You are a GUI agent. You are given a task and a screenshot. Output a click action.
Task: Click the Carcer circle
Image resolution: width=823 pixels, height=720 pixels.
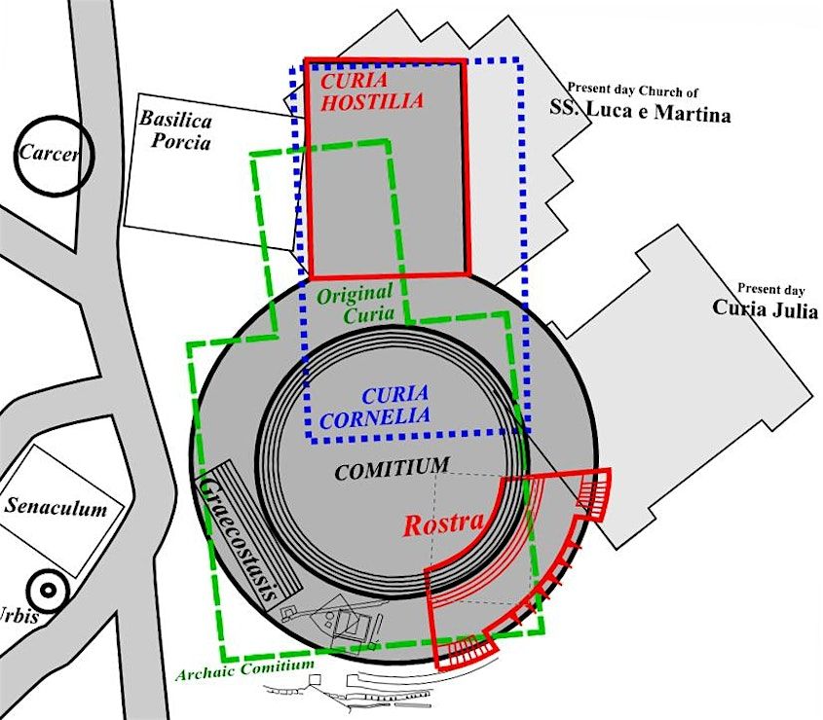tap(54, 156)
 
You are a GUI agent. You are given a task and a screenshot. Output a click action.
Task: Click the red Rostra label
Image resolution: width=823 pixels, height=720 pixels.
tap(438, 523)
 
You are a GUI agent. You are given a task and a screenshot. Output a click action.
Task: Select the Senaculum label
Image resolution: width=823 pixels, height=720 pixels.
tap(56, 507)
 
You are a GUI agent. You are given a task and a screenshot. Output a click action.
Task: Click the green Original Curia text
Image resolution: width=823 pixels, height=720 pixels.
tap(355, 303)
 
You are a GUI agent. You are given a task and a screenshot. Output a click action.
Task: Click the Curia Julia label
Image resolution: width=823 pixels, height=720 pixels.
tap(765, 308)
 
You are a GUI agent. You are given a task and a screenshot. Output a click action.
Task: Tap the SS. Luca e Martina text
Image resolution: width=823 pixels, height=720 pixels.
tap(639, 114)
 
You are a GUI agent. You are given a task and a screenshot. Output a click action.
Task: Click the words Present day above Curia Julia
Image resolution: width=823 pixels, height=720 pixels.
tap(770, 288)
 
